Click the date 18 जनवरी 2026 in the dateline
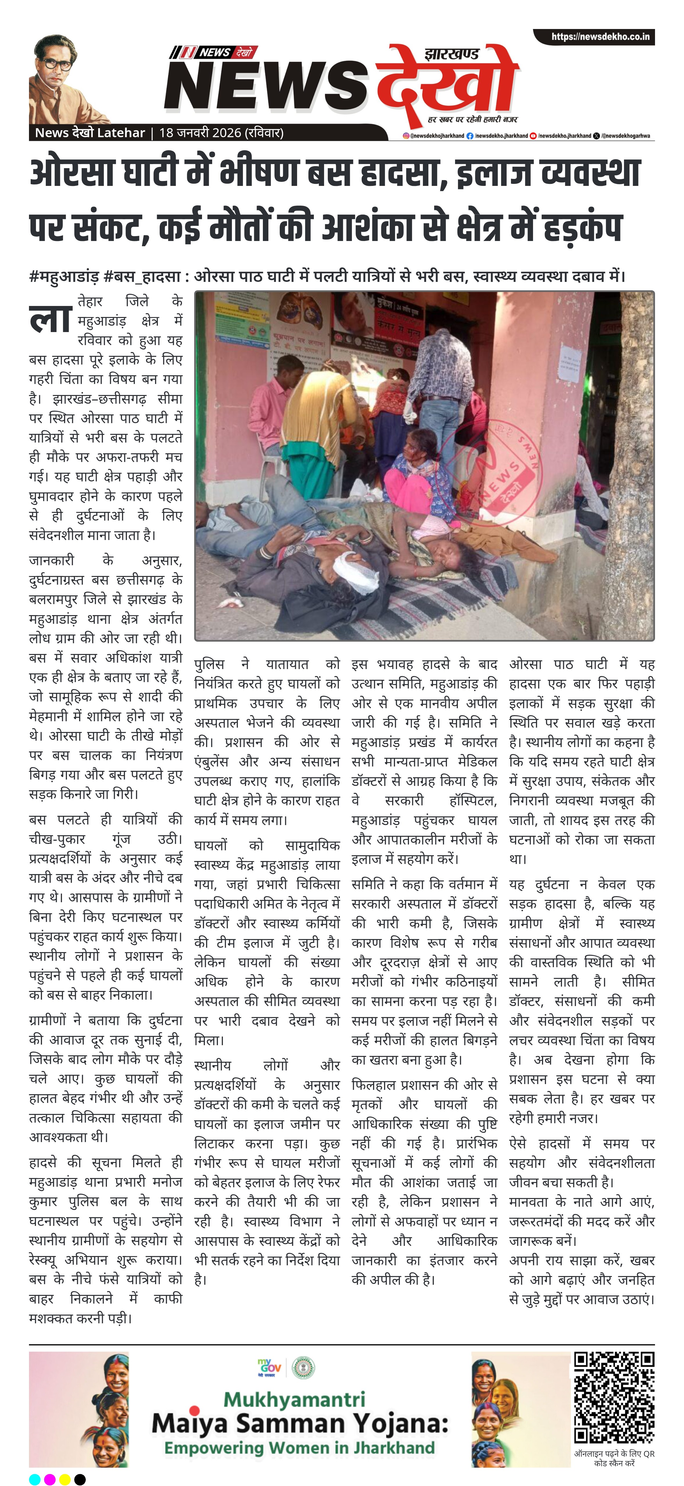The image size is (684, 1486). tap(199, 133)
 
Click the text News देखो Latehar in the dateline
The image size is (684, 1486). tap(89, 133)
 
